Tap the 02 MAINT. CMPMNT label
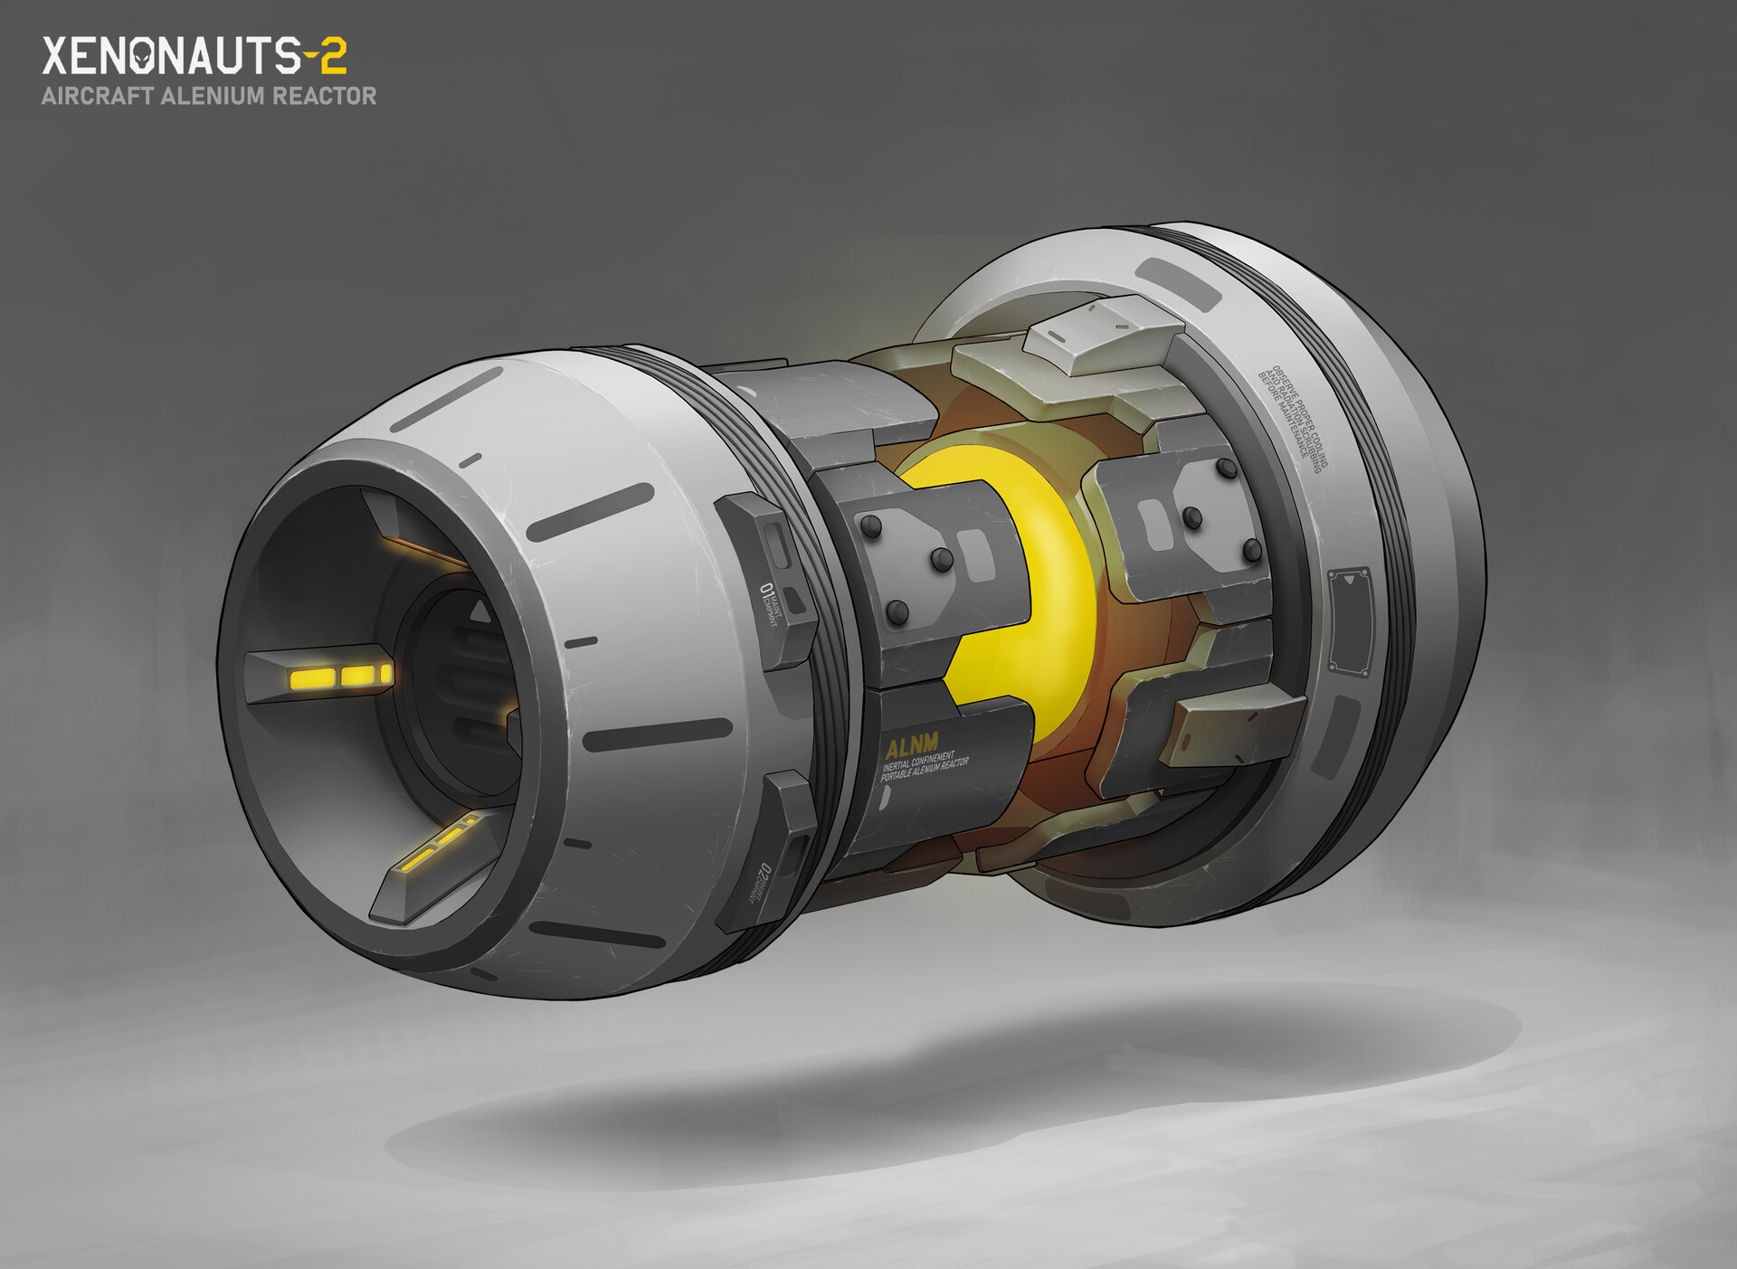(760, 882)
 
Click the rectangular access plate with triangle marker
(1351, 624)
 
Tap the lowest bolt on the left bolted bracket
(897, 613)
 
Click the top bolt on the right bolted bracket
(1228, 468)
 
